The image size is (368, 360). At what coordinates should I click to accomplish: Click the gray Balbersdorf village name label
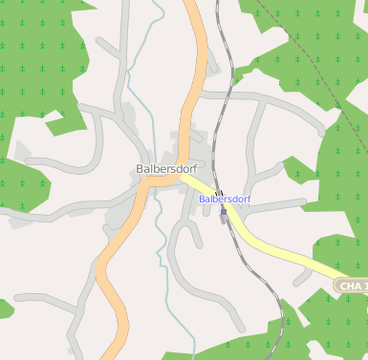[x=166, y=170]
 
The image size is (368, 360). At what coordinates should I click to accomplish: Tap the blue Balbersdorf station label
[x=225, y=199]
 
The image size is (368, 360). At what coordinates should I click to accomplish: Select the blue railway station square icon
[x=224, y=213]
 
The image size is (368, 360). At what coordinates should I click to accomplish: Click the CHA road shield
[x=352, y=286]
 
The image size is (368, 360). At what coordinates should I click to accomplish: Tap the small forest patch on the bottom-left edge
[x=4, y=309]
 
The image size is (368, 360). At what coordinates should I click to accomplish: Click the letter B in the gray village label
[x=141, y=170]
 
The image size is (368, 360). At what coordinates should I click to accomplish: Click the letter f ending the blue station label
[x=249, y=199]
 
